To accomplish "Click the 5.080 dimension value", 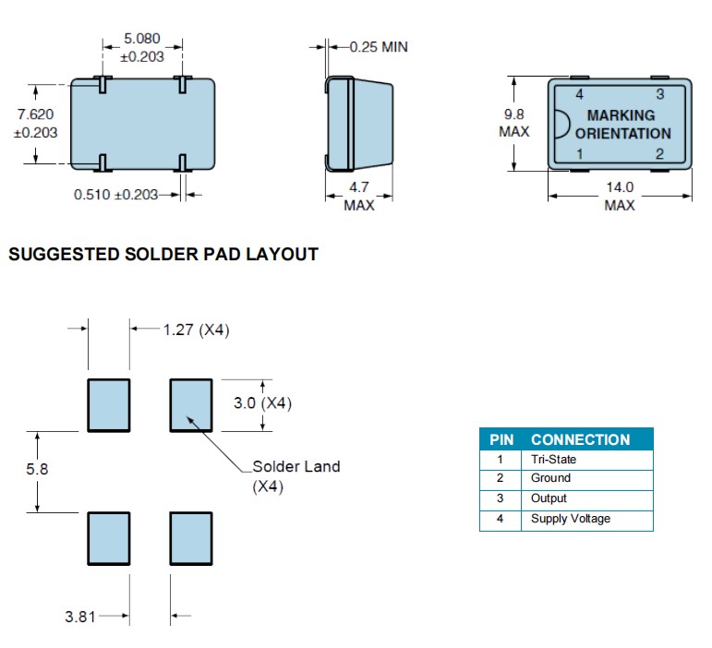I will pyautogui.click(x=142, y=40).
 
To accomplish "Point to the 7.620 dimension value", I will pyautogui.click(x=36, y=114).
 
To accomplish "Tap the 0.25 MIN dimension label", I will pyautogui.click(x=378, y=46).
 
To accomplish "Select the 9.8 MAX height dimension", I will pyautogui.click(x=514, y=123).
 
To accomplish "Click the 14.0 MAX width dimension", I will pyautogui.click(x=620, y=197).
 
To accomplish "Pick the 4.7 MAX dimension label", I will pyautogui.click(x=359, y=197).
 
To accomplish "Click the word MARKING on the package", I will pyautogui.click(x=621, y=115).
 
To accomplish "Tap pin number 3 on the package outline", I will pyautogui.click(x=659, y=94).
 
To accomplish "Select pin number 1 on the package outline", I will pyautogui.click(x=580, y=154).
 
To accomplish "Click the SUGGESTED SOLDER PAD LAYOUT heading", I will pyautogui.click(x=163, y=255).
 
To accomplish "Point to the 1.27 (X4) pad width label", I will pyautogui.click(x=196, y=330).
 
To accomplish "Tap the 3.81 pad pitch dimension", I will pyautogui.click(x=79, y=616).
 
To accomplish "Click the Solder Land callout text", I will pyautogui.click(x=296, y=466).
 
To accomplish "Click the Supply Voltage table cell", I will pyautogui.click(x=570, y=519).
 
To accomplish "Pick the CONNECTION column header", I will pyautogui.click(x=580, y=439).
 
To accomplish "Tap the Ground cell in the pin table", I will pyautogui.click(x=550, y=478).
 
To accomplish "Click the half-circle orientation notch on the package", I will pyautogui.click(x=560, y=124).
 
